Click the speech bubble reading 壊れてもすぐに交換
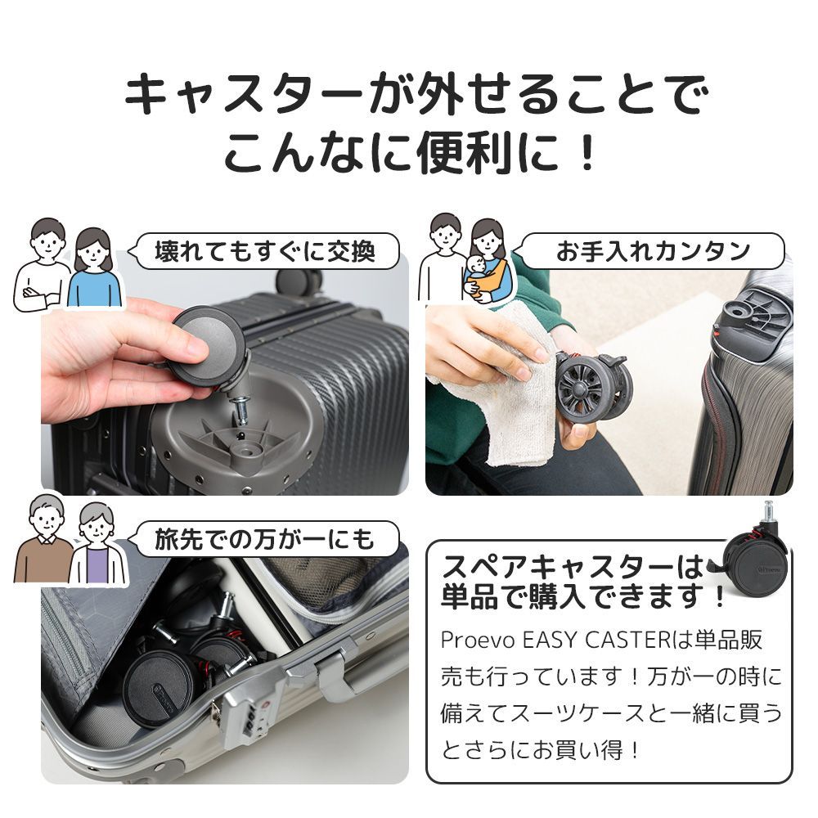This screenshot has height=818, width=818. [266, 251]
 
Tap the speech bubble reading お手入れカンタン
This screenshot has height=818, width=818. [652, 251]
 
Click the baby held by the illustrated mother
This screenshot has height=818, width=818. [476, 274]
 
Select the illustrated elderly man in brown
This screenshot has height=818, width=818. [44, 544]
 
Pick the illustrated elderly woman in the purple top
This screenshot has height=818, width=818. [97, 548]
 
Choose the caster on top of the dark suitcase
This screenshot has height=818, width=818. [299, 282]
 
